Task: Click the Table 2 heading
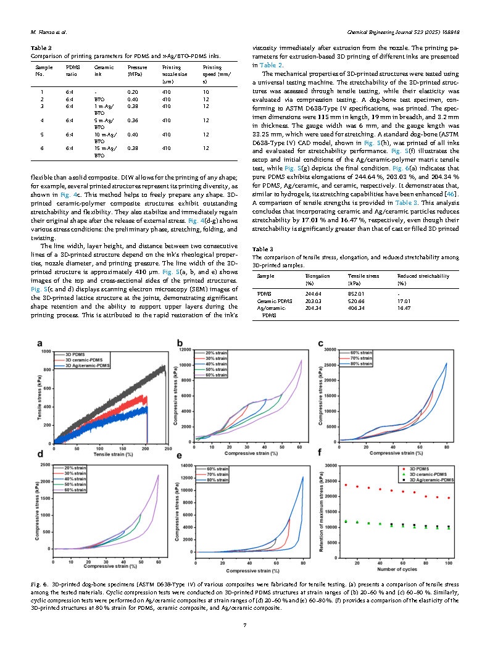[x=41, y=48]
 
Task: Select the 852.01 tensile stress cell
[x=357, y=293]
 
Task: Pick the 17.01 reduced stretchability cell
[x=405, y=302]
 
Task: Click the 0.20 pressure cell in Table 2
[x=132, y=91]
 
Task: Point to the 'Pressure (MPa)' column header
[x=136, y=70]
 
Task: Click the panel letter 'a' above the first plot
[x=40, y=343]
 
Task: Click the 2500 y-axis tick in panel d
[x=45, y=464]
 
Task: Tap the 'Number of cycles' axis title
[x=395, y=568]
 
